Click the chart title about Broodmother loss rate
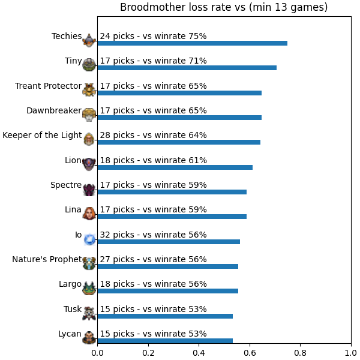(x=224, y=7)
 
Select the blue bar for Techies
(x=193, y=43)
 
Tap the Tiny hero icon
(x=89, y=65)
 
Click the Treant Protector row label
(x=48, y=86)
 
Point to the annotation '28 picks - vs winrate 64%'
(x=153, y=135)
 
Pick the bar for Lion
(x=175, y=167)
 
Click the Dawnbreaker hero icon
(x=89, y=115)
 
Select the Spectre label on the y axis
(x=66, y=185)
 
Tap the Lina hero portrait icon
(x=89, y=213)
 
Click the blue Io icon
(x=89, y=239)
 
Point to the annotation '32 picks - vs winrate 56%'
(x=153, y=235)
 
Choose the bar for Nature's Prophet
(x=168, y=266)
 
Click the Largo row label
(x=70, y=284)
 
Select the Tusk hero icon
(x=89, y=313)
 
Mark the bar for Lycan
(x=165, y=341)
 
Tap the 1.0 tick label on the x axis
(x=351, y=353)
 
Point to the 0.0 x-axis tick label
(x=97, y=353)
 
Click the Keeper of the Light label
(x=42, y=135)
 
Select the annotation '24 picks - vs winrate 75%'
(x=153, y=36)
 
